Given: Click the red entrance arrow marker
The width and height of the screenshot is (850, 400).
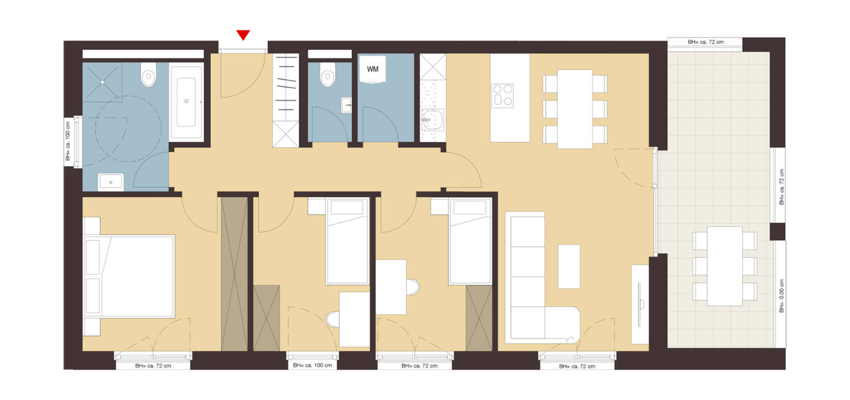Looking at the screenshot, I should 243,35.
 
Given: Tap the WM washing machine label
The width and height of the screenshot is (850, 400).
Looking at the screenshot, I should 372,69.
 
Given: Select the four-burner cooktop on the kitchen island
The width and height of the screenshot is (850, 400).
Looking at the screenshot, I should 502,95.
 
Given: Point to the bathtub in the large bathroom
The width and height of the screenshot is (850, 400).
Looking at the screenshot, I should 186,102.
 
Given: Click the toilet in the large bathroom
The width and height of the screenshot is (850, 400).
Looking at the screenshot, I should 148,77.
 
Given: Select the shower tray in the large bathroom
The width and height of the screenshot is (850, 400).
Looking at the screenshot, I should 103,82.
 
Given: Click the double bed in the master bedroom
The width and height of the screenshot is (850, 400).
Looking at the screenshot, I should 129,276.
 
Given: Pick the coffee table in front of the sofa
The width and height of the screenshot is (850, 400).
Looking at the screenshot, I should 569,266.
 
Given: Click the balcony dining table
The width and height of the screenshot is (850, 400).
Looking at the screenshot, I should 724,266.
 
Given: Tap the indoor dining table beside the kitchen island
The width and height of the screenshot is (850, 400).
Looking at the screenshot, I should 575,109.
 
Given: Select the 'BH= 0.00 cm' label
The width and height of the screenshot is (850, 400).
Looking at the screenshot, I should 781,296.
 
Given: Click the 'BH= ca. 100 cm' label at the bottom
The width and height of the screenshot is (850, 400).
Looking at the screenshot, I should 312,365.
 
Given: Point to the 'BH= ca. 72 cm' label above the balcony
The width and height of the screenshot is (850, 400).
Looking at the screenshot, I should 705,42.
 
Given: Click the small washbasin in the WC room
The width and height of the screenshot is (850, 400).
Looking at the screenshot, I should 346,105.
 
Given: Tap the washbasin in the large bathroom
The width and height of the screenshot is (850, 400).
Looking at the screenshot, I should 111,182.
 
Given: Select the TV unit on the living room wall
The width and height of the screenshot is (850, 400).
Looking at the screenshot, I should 640,304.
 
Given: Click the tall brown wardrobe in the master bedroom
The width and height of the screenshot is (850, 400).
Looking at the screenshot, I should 234,273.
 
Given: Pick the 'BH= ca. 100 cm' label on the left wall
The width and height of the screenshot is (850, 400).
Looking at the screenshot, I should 68,141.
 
